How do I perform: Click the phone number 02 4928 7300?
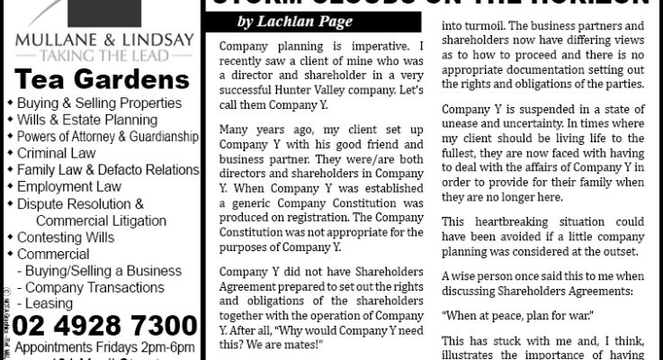click(100, 324)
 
